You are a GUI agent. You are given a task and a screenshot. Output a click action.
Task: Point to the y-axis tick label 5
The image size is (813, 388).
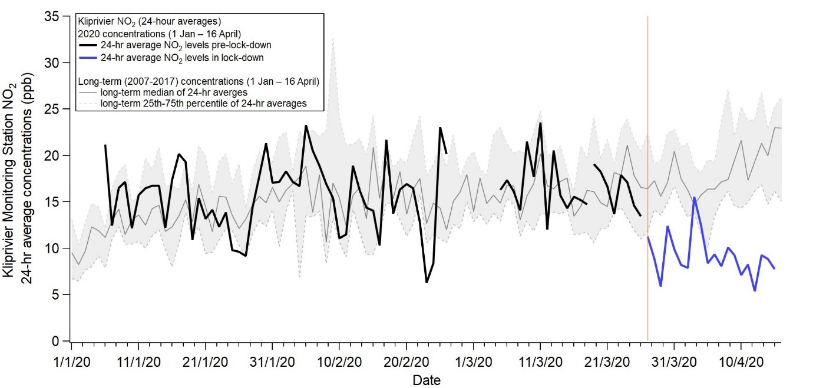coord(57,294)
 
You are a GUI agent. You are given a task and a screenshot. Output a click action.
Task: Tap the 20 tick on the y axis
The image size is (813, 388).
coord(54,155)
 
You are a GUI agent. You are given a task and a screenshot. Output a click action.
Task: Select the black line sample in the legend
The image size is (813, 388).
coord(88,45)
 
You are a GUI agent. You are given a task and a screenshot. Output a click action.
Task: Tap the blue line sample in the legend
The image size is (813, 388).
coord(88,57)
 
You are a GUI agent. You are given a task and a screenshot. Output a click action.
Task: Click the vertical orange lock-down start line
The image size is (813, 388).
coord(647,177)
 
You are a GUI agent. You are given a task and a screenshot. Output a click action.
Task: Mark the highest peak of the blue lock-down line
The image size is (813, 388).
coord(695,197)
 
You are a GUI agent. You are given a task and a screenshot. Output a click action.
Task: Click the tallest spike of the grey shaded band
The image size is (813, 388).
coord(333,39)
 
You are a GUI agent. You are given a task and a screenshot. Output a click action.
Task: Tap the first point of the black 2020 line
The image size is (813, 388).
coord(105,145)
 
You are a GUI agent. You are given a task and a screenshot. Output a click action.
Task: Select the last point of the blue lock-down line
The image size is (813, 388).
coord(774,268)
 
